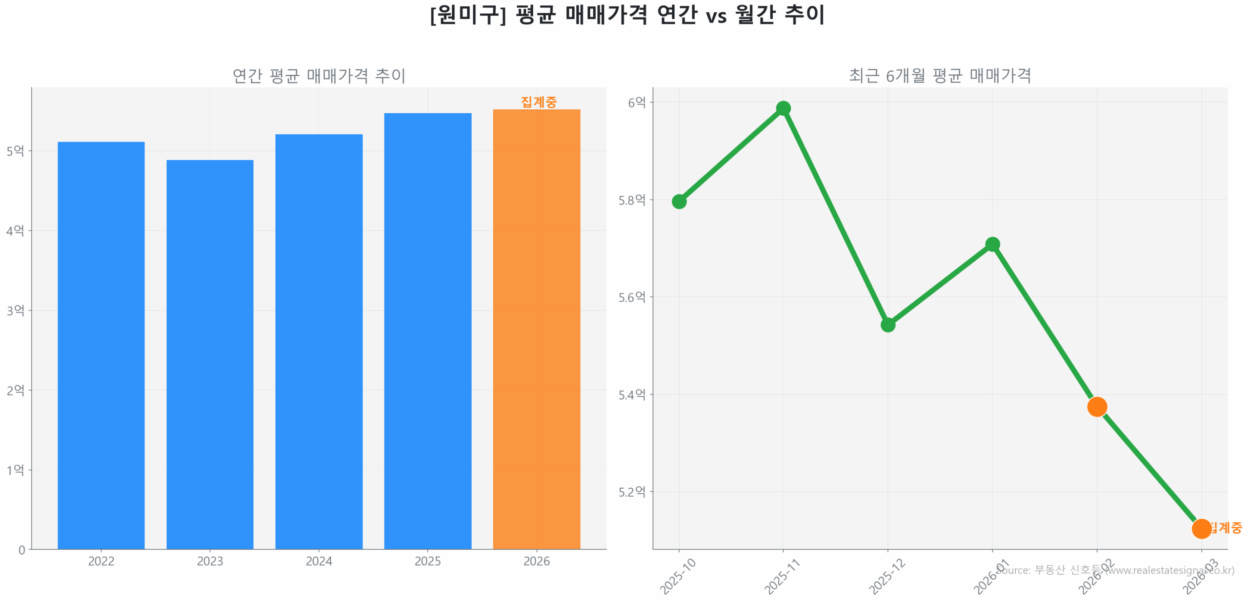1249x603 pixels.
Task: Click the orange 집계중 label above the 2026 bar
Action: (538, 102)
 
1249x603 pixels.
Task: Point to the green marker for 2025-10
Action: (679, 201)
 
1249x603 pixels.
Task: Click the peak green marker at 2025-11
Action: (783, 108)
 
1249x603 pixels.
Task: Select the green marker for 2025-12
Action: (887, 325)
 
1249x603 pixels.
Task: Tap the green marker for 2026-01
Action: (992, 244)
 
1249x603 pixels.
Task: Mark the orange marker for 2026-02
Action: (1096, 406)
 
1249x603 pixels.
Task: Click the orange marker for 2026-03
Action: (1201, 528)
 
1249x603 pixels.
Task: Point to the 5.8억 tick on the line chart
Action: (631, 200)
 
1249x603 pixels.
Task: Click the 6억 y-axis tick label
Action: (636, 102)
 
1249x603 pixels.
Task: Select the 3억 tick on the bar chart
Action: (15, 310)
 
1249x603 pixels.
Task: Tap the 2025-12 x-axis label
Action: (886, 577)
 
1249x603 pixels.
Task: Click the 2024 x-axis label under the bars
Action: (319, 561)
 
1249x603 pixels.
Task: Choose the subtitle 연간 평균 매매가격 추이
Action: (319, 76)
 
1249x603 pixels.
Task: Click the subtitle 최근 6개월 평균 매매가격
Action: (940, 76)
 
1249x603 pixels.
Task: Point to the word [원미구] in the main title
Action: (467, 15)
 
